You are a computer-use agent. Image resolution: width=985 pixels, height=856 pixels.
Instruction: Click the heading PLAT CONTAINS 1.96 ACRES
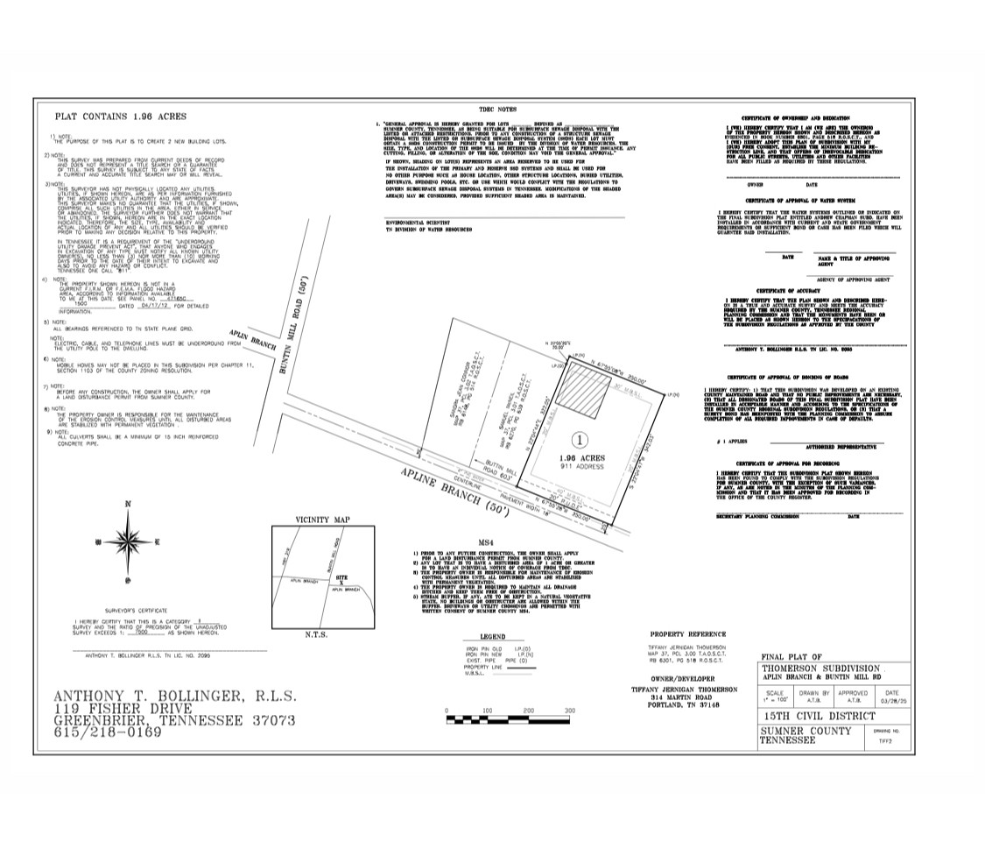tap(121, 116)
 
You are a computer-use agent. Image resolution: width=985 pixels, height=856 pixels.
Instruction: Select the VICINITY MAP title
tap(323, 520)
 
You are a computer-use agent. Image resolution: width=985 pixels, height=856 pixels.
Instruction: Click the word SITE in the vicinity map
tap(342, 580)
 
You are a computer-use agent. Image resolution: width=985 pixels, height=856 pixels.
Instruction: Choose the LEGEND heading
tap(493, 637)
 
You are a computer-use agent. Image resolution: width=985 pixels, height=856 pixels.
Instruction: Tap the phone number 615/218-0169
tap(108, 732)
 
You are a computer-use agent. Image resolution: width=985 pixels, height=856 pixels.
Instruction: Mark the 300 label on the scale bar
tap(570, 710)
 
